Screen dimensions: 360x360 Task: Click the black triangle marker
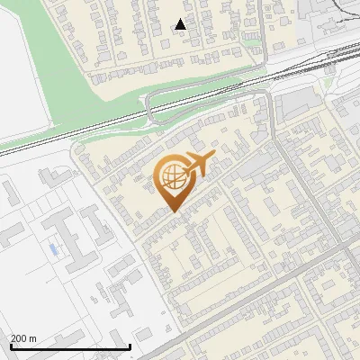[181, 24]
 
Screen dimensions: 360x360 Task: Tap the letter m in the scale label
[33, 338]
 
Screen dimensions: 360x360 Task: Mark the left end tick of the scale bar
[10, 346]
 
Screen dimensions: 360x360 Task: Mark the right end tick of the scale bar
[130, 346]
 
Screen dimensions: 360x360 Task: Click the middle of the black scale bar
[70, 346]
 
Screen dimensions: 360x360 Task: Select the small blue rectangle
[53, 247]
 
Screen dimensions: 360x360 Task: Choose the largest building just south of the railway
[297, 107]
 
